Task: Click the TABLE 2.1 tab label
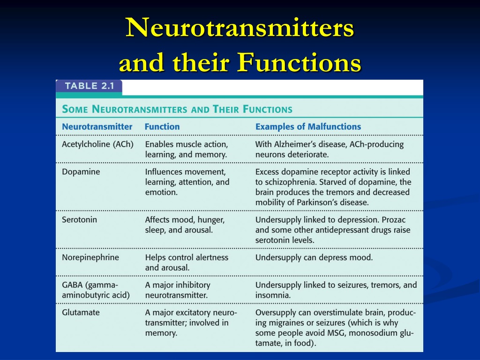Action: click(x=89, y=86)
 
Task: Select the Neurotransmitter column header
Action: click(x=97, y=127)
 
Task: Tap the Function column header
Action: click(x=162, y=127)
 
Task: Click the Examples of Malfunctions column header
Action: click(x=308, y=127)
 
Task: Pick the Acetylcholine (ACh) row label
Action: click(x=97, y=144)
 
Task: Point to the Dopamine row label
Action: click(x=81, y=172)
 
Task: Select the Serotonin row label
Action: click(x=79, y=219)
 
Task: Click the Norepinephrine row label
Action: click(x=90, y=257)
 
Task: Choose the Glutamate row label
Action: click(x=81, y=312)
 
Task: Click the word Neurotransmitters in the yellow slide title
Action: click(x=240, y=28)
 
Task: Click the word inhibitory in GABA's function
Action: click(x=187, y=285)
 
